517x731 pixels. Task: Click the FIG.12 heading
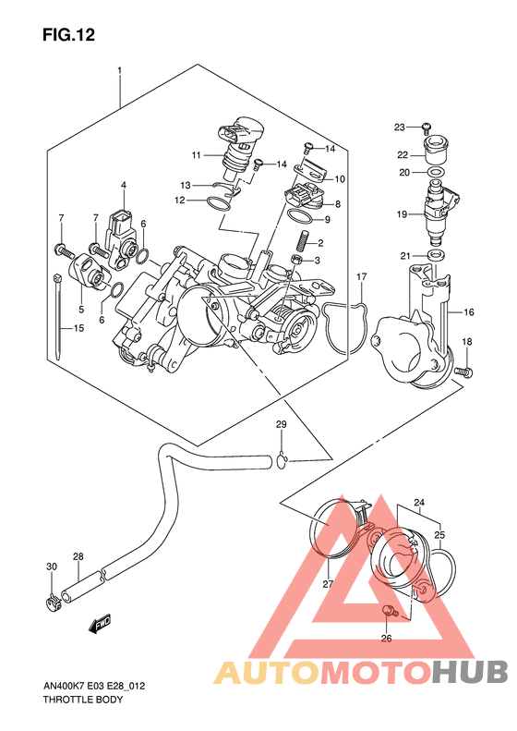click(x=68, y=35)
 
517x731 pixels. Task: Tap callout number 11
click(x=196, y=154)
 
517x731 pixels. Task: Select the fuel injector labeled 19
click(x=439, y=215)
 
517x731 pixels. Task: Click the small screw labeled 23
click(x=427, y=126)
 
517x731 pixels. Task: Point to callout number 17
click(x=361, y=277)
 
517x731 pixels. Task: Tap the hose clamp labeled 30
click(x=54, y=602)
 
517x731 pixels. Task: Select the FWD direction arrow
click(x=100, y=624)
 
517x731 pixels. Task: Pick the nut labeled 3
click(x=295, y=259)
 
